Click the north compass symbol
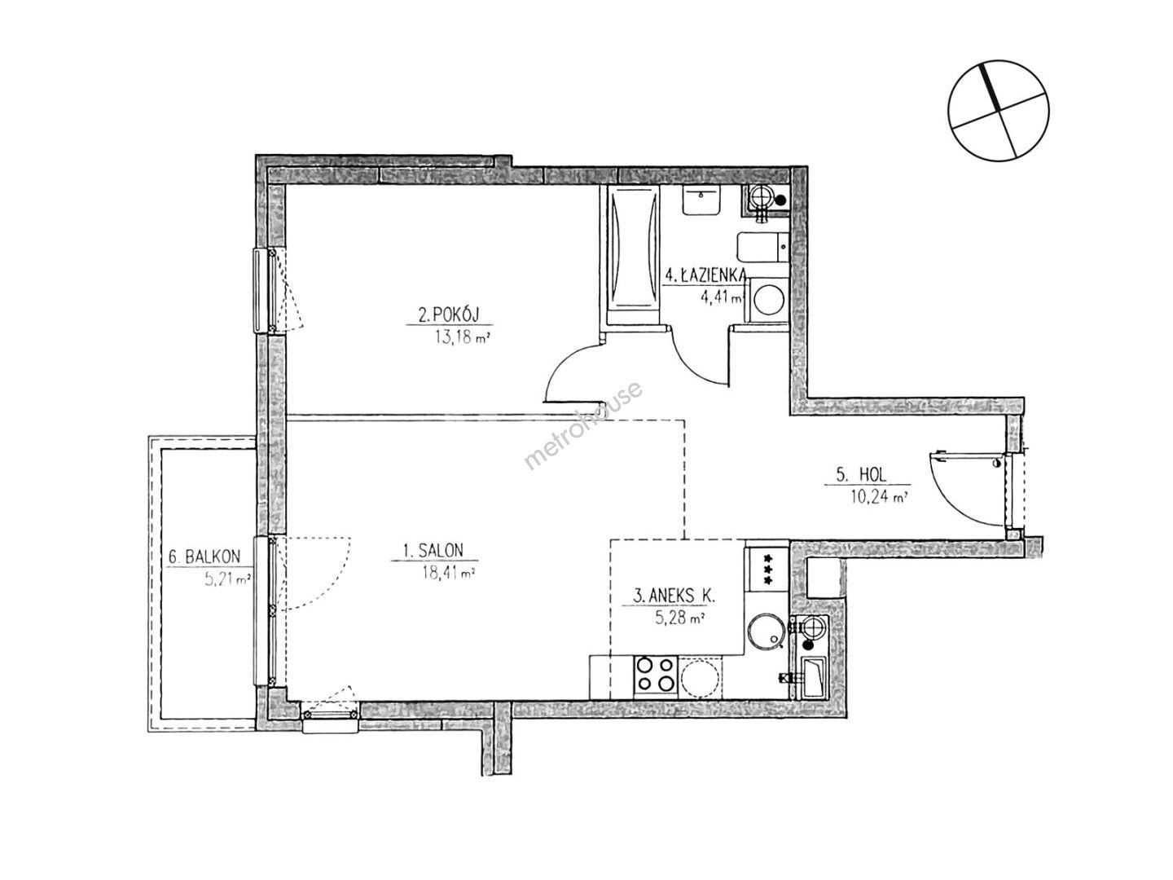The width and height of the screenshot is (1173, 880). [998, 111]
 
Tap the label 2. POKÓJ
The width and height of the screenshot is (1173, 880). [448, 315]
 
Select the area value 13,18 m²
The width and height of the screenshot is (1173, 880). [463, 337]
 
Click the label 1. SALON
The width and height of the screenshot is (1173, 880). [433, 550]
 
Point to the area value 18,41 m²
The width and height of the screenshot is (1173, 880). [448, 574]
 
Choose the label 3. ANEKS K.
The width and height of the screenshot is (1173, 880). [674, 596]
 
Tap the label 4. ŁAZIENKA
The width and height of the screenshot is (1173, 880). [705, 275]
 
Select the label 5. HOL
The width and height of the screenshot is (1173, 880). [861, 474]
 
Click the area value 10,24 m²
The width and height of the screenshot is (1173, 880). [880, 497]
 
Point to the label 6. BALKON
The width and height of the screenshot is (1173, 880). [204, 557]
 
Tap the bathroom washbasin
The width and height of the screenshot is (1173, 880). [701, 200]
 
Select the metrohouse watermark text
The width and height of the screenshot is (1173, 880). [582, 425]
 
